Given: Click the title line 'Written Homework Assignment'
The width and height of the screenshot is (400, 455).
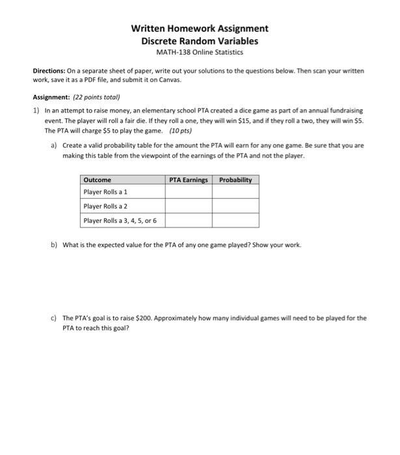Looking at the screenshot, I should (200, 29).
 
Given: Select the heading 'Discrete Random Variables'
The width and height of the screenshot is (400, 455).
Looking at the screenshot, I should (200, 40).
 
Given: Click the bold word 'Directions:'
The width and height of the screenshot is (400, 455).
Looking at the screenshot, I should (49, 70).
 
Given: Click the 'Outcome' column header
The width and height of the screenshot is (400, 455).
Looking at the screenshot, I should (98, 180).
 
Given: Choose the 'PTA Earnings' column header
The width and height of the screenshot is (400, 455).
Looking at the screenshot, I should (188, 180).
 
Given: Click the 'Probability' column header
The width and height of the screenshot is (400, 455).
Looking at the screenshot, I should (235, 180).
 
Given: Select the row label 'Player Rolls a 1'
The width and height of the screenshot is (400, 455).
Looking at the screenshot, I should (105, 192).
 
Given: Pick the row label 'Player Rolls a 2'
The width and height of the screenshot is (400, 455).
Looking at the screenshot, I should (105, 206).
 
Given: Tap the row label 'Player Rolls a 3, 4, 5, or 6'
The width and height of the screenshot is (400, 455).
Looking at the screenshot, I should (120, 220).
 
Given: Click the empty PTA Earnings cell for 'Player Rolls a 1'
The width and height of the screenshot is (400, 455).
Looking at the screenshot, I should (188, 192).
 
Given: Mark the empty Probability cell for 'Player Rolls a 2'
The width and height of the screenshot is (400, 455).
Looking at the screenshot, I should (235, 206).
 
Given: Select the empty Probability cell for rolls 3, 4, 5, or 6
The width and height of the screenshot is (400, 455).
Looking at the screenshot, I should (235, 220).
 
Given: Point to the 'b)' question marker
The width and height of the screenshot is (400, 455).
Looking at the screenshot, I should (54, 245).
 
